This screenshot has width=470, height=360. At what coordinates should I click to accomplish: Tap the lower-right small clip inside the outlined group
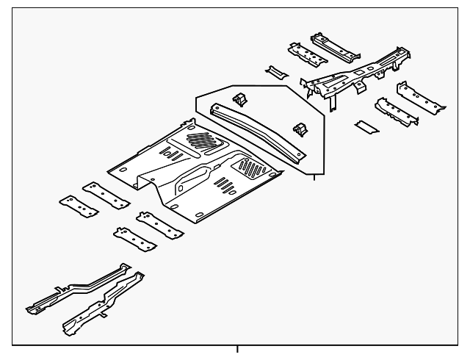click(x=299, y=128)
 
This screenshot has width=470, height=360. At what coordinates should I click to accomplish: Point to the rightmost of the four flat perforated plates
click(x=159, y=224)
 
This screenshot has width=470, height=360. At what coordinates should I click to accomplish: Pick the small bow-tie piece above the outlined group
click(x=278, y=73)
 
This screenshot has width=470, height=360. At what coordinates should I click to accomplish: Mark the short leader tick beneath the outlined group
click(x=315, y=177)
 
